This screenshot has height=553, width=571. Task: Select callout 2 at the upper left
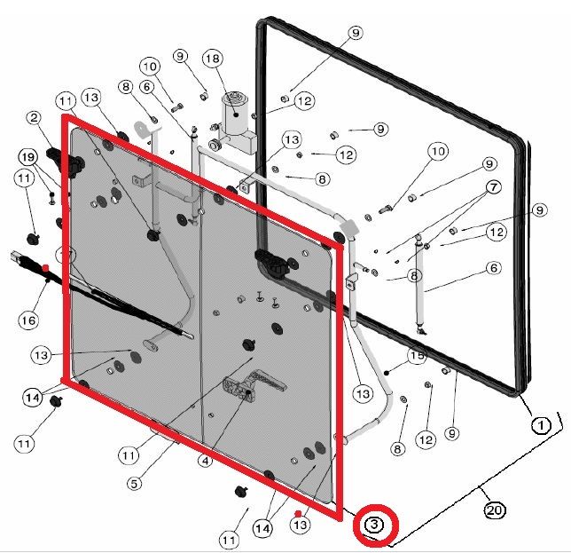pos(34,118)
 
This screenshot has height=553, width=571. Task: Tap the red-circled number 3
pos(374,525)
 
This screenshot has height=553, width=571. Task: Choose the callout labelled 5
pos(135,484)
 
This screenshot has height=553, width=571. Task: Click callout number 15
pos(418,357)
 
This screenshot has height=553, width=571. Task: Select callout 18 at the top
pos(212,59)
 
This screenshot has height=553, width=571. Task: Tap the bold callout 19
pos(28,157)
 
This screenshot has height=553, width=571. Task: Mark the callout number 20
pos(495,510)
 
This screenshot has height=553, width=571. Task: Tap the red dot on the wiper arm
pos(45,267)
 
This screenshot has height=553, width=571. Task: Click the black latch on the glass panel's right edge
pos(269,262)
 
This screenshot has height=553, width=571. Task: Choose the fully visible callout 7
pos(492,188)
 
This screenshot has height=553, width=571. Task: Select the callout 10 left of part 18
pos(150,67)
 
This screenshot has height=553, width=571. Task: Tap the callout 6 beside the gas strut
pos(493,268)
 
